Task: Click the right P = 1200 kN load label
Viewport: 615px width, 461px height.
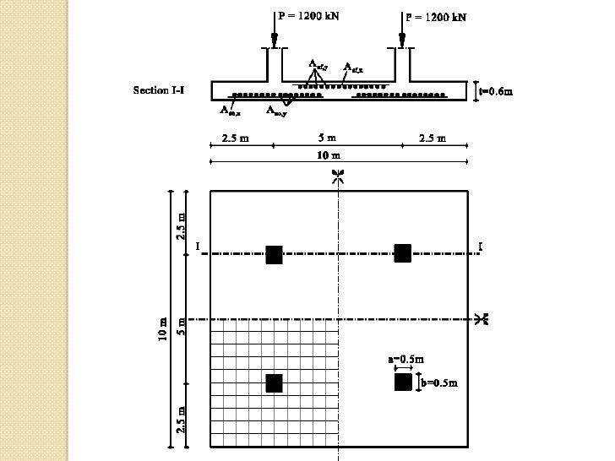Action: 435,16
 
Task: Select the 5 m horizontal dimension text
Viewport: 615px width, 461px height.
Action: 327,138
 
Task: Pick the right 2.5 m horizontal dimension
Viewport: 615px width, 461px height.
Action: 433,138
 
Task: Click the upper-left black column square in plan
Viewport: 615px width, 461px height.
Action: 274,255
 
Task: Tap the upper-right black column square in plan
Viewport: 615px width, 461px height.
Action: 402,252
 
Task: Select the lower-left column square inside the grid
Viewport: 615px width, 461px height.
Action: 274,383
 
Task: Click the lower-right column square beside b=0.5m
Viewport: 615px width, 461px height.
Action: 403,382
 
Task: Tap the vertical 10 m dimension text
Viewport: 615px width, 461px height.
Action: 163,330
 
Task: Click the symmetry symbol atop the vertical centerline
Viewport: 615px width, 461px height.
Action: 338,176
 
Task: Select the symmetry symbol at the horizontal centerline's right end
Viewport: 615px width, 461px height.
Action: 482,318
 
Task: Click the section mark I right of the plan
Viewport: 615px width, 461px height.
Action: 480,247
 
